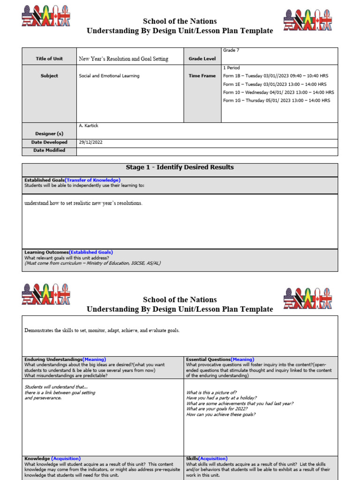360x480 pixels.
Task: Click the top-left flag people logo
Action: pos(46,17)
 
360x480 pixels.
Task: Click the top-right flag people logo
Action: pos(307,20)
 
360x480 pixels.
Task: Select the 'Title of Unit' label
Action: pos(49,59)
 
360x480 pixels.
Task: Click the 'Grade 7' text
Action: pos(231,50)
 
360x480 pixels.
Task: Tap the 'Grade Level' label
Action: pos(202,59)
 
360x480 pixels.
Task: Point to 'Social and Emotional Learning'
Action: pos(109,75)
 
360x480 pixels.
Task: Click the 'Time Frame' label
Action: pos(202,75)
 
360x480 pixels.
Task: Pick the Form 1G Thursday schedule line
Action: pos(276,100)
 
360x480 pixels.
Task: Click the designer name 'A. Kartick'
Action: pos(89,126)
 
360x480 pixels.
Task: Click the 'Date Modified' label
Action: pos(49,150)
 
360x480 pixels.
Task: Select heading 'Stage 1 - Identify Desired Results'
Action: pos(180,167)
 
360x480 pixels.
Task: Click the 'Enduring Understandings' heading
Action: pos(53,360)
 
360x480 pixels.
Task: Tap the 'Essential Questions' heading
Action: pos(208,360)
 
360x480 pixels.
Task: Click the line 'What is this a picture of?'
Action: pos(211,392)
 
